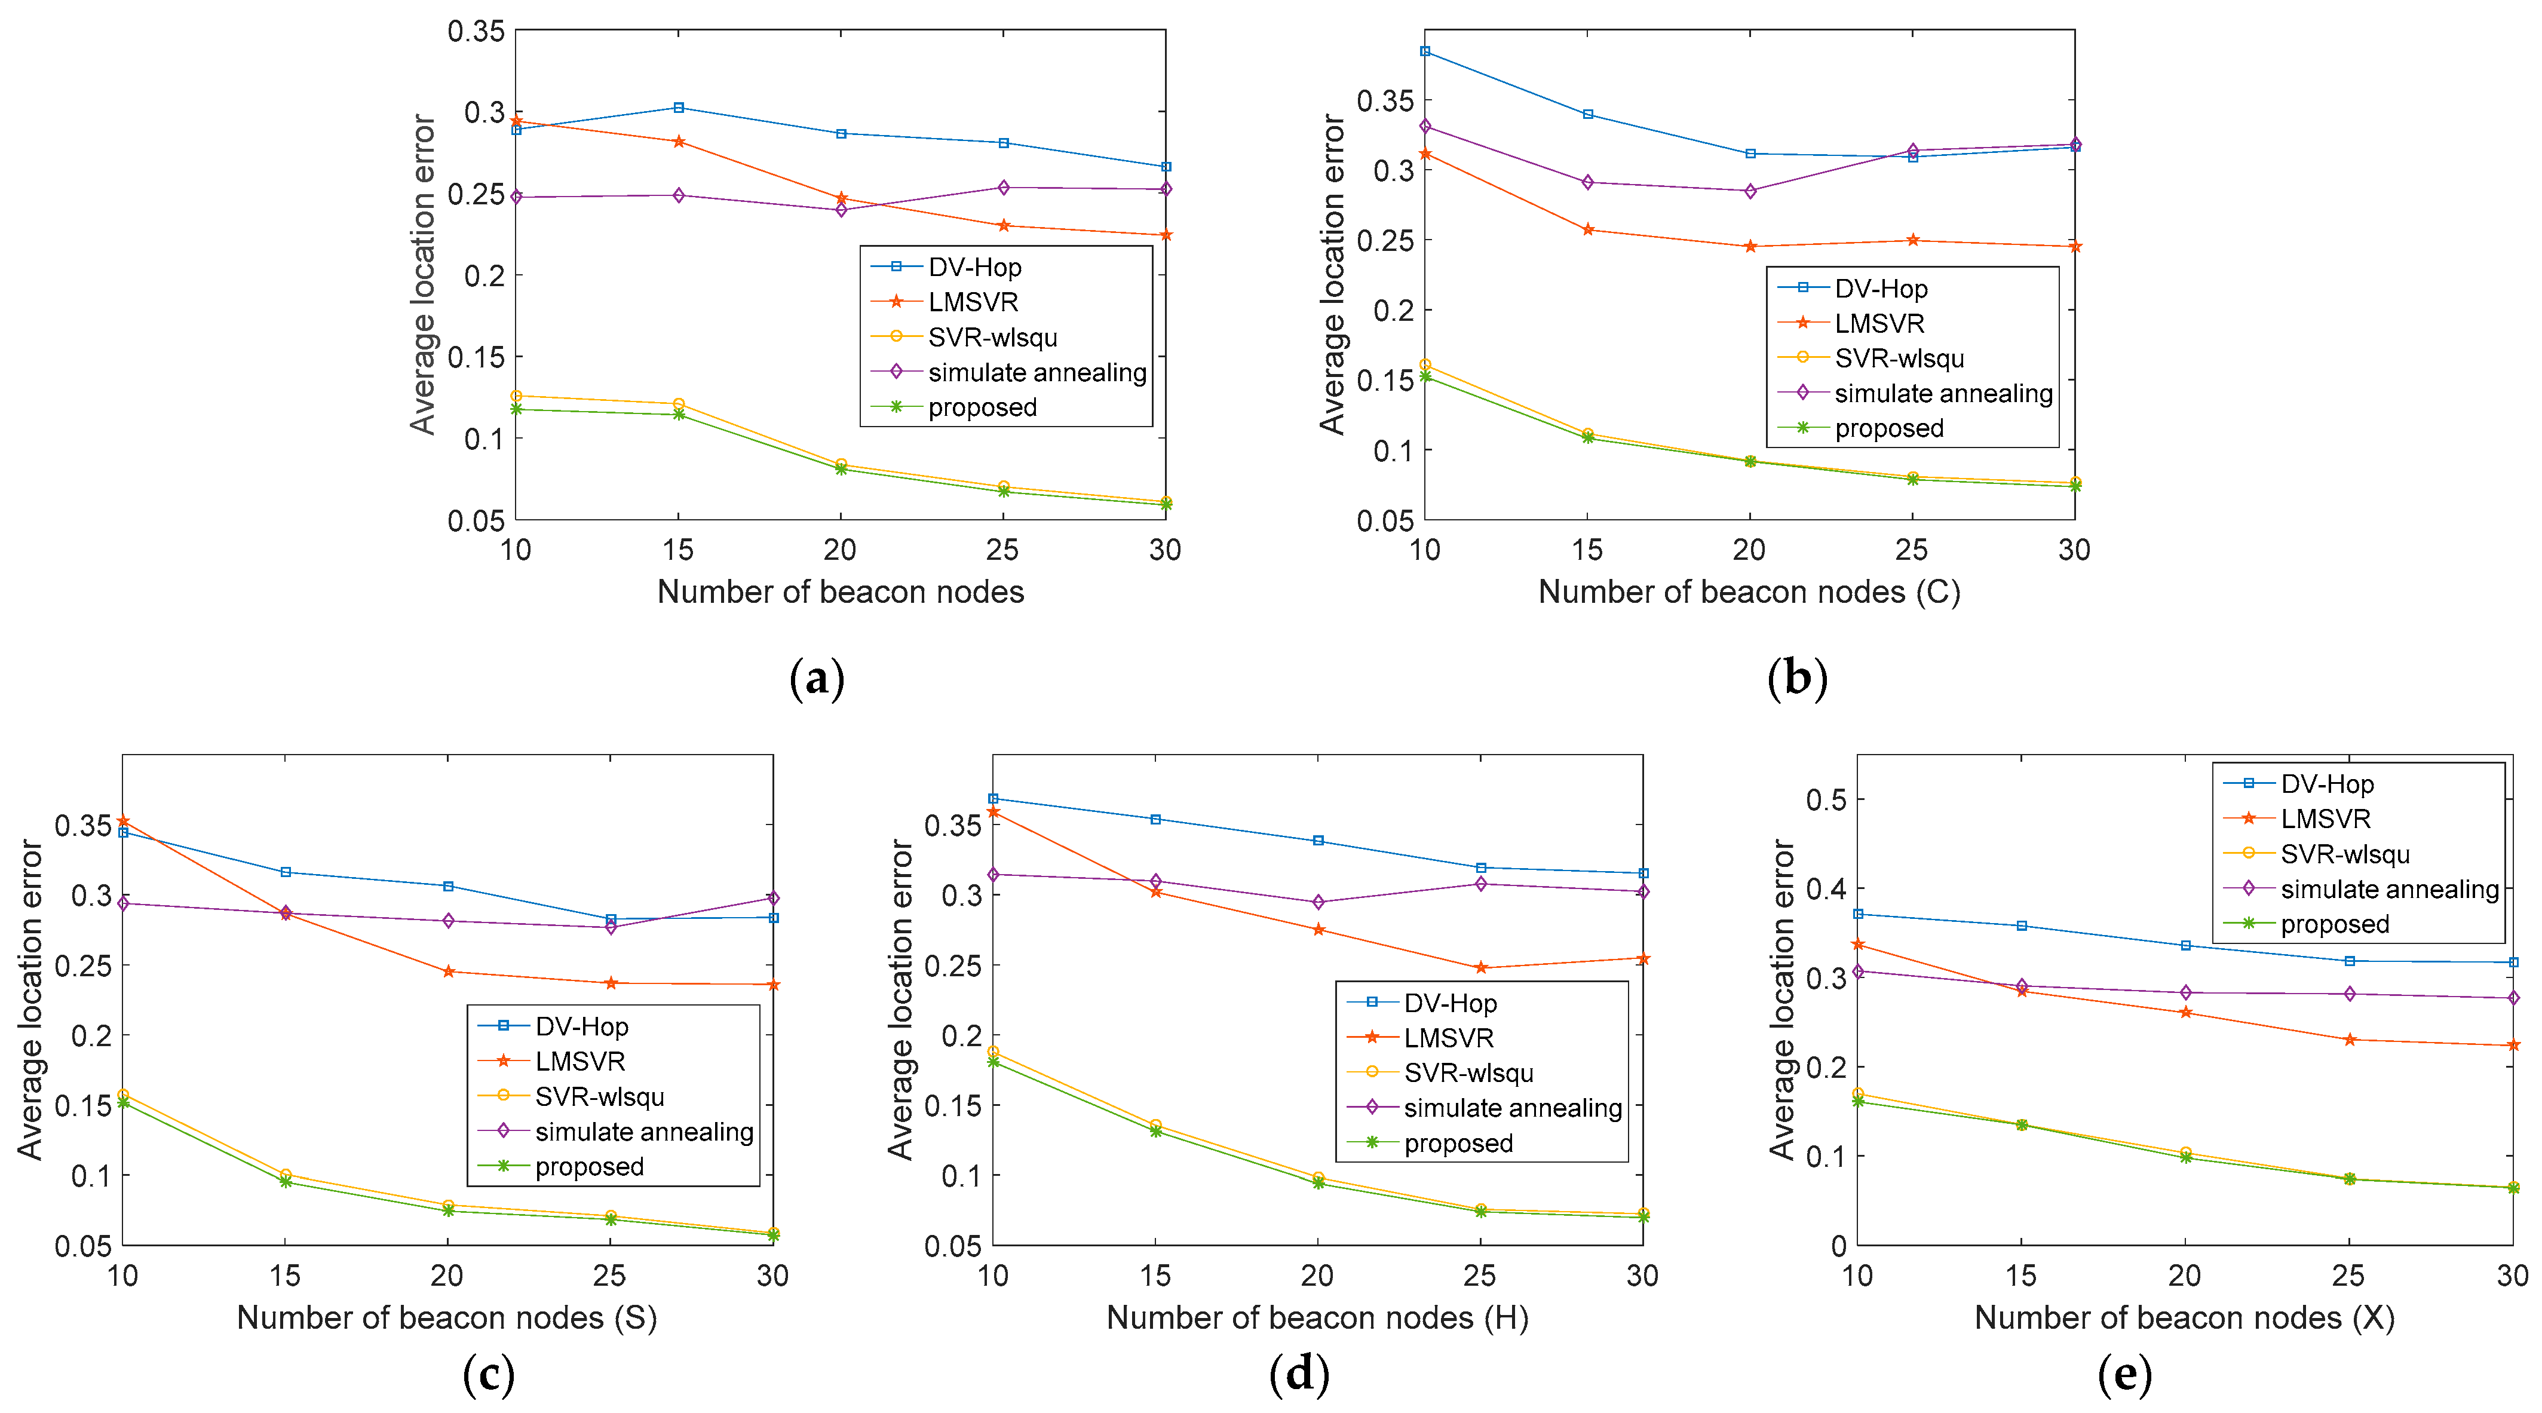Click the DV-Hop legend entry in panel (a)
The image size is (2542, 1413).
pos(973,268)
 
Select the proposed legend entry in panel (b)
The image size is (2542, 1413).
pos(1888,429)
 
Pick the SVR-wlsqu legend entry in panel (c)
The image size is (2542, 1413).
pos(599,1098)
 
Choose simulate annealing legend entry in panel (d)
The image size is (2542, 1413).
pos(1512,1108)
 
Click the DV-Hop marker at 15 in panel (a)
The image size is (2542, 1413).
pos(678,108)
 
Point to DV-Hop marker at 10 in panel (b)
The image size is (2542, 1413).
pos(1425,51)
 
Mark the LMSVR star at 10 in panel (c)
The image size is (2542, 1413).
pos(123,821)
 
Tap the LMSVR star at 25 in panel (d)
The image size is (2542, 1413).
pos(1480,968)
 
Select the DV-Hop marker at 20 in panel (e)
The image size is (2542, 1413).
pos(2186,945)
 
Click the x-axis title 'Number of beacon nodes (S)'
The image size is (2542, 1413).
pos(447,1318)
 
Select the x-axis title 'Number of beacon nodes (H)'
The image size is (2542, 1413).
pos(1317,1318)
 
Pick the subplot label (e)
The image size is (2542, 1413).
pos(2124,1375)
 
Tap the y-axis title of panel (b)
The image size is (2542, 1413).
pos(1332,274)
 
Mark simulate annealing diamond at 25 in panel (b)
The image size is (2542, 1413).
pos(1912,151)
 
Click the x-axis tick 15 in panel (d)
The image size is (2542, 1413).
pos(1155,1276)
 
